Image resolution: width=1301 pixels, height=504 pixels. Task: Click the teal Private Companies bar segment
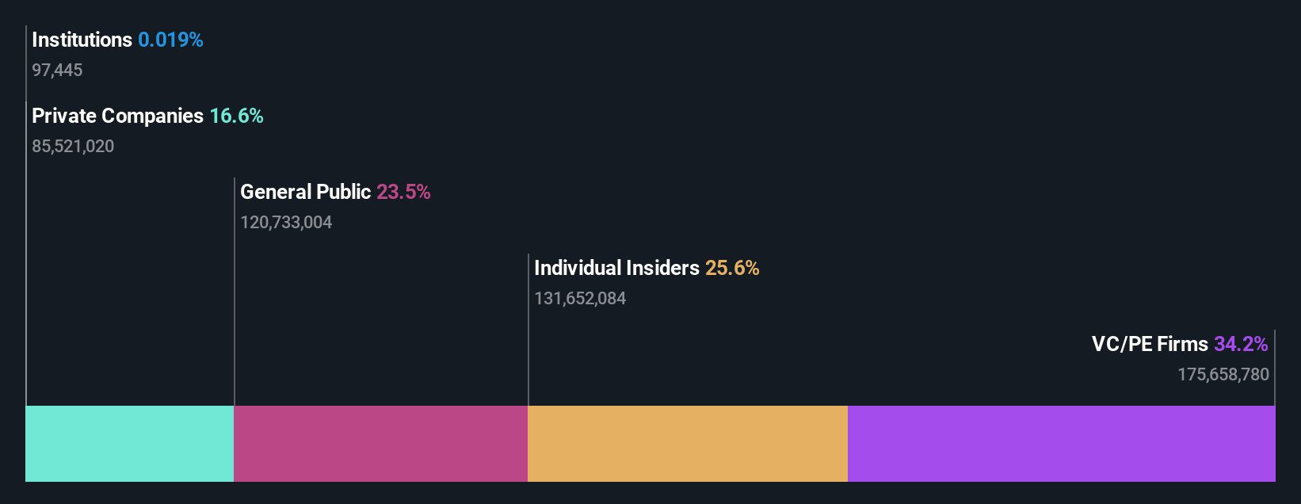130,444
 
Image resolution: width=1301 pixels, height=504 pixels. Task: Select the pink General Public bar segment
380,444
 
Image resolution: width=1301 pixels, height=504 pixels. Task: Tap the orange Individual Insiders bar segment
687,444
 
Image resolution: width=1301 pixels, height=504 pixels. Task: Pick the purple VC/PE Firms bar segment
1061,444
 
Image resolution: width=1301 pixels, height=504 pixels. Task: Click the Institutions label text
82,40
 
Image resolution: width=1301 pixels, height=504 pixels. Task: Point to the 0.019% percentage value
170,40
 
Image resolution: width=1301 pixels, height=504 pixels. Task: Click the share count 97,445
57,71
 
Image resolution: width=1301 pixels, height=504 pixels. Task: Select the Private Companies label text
117,116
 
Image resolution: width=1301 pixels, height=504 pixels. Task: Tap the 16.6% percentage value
236,116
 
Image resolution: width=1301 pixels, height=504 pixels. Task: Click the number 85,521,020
73,147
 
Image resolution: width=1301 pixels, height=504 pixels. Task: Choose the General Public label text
305,192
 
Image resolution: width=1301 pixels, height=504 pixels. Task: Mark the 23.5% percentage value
403,192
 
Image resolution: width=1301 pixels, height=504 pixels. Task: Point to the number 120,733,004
286,223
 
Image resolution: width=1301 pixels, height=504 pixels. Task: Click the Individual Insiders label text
616,268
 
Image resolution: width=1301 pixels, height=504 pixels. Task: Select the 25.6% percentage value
732,268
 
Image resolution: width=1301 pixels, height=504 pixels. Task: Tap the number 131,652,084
580,299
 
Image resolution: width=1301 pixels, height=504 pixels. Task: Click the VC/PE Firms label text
1150,344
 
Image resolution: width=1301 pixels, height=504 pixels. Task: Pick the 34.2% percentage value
1241,344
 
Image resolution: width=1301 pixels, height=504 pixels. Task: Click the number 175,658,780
1223,375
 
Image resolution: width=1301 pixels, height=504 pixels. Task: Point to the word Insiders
662,268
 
